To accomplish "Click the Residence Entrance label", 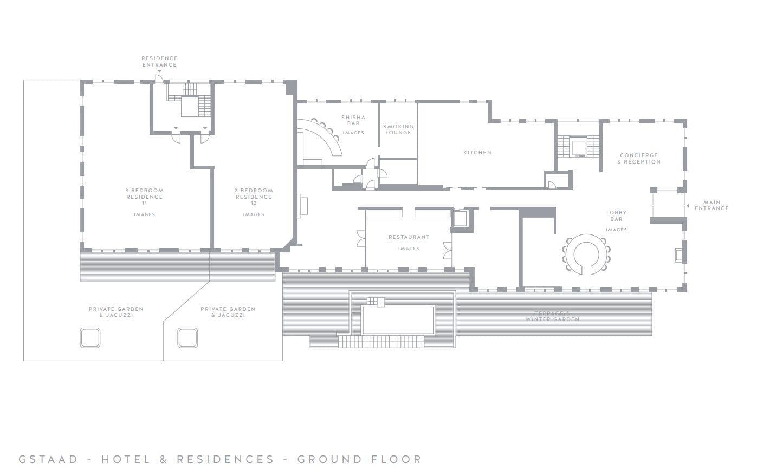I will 159,61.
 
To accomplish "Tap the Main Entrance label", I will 711,206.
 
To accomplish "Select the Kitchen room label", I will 477,153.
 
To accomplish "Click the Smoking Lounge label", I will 398,129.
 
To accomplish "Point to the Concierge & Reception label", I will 639,158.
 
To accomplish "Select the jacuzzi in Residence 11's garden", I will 90,337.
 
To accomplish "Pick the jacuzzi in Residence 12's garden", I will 187,337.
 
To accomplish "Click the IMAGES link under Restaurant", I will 409,249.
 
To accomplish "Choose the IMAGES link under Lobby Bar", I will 616,230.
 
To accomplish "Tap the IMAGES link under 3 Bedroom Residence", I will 144,215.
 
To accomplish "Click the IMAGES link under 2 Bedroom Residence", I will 254,215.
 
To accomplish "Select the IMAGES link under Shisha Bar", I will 353,133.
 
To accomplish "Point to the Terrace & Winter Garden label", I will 552,316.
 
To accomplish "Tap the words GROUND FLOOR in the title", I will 359,460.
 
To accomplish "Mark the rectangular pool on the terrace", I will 398,319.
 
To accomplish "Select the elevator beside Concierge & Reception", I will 578,147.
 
